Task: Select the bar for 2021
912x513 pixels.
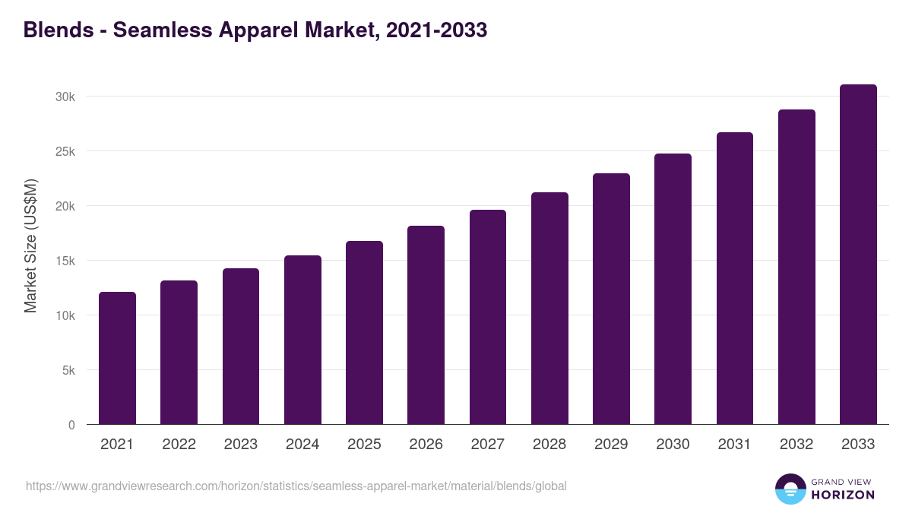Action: coord(117,358)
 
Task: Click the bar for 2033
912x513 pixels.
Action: coord(858,255)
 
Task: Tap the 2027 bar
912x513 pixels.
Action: coord(488,317)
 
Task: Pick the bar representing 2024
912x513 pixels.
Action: coord(302,340)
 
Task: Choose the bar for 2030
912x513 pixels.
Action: coord(673,289)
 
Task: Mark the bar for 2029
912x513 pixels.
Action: coord(611,299)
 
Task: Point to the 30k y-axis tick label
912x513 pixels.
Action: coord(65,97)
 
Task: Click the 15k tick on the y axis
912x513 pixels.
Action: coord(65,261)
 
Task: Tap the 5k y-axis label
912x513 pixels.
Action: coord(68,370)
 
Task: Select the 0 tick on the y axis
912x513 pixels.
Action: coord(71,425)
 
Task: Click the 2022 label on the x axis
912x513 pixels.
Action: coord(179,445)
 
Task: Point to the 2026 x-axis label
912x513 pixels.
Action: coord(426,445)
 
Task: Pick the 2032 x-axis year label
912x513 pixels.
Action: coord(796,445)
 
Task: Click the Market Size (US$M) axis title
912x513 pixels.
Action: coord(30,245)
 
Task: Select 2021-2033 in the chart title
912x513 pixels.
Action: coord(436,30)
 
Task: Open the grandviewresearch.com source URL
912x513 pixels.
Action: coord(296,486)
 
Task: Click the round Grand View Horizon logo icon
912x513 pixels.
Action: coord(790,489)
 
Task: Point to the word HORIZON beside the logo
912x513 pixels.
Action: coord(842,495)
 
